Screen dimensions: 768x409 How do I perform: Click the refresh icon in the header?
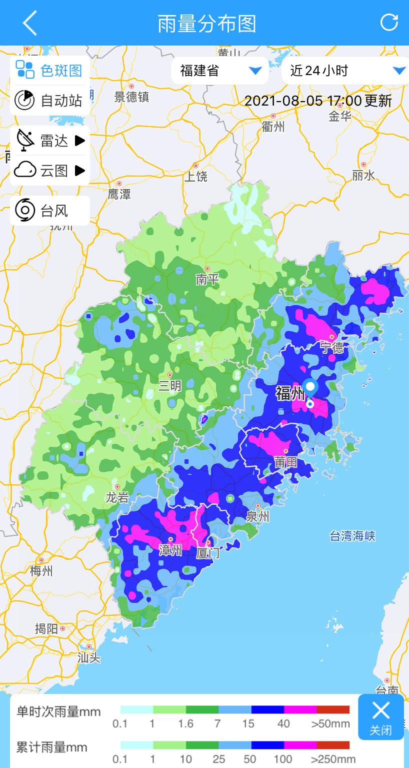point(389,23)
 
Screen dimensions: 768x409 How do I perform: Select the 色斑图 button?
point(49,71)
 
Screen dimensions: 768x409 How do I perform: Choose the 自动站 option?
point(49,101)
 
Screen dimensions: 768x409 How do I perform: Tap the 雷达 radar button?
point(49,141)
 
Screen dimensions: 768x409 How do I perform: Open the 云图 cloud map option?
point(49,171)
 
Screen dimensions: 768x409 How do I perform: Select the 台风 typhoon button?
point(49,211)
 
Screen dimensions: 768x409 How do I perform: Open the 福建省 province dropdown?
point(220,71)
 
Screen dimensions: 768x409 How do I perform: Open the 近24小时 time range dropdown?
point(345,71)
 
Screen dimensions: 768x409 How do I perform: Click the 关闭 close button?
point(380,717)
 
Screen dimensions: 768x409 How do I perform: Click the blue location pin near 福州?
point(310,389)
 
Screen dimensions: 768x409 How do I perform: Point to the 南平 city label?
point(207,279)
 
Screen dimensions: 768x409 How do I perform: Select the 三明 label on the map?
point(170,386)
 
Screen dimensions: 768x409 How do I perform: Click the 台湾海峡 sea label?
point(352,536)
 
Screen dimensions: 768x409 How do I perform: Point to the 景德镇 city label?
point(131,97)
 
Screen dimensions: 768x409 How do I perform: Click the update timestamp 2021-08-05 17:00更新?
point(318,101)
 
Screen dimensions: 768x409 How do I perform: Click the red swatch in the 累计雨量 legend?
point(333,745)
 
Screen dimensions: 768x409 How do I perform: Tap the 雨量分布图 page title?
point(207,23)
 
